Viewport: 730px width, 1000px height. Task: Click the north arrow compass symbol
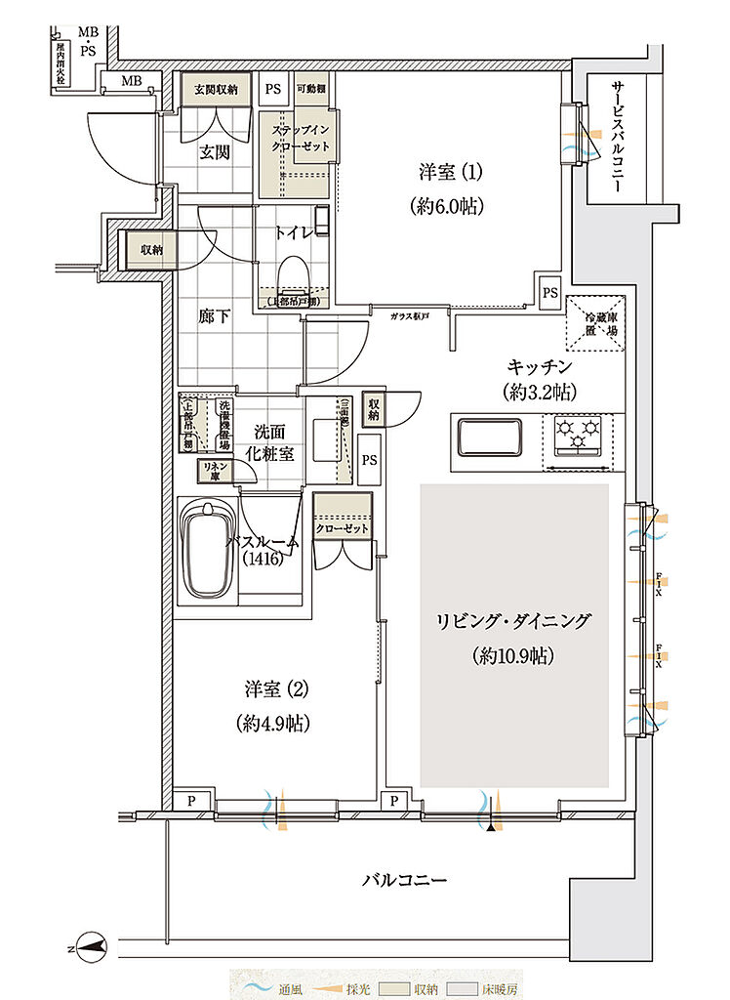[x=91, y=944]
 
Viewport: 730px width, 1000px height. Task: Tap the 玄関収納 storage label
[x=216, y=90]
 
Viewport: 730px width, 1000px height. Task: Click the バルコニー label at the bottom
[x=404, y=880]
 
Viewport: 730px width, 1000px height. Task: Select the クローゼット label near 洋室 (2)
[x=343, y=528]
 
